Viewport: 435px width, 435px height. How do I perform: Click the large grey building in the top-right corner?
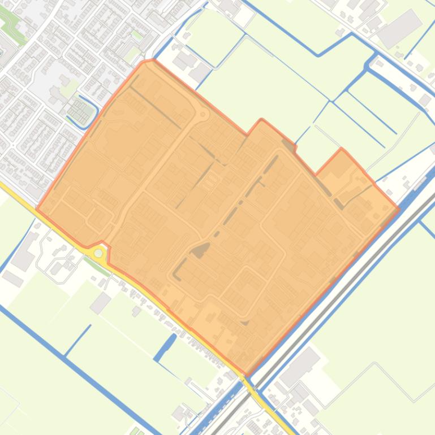pyautogui.click(x=399, y=28)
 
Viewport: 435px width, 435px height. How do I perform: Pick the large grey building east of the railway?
pyautogui.click(x=299, y=366)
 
